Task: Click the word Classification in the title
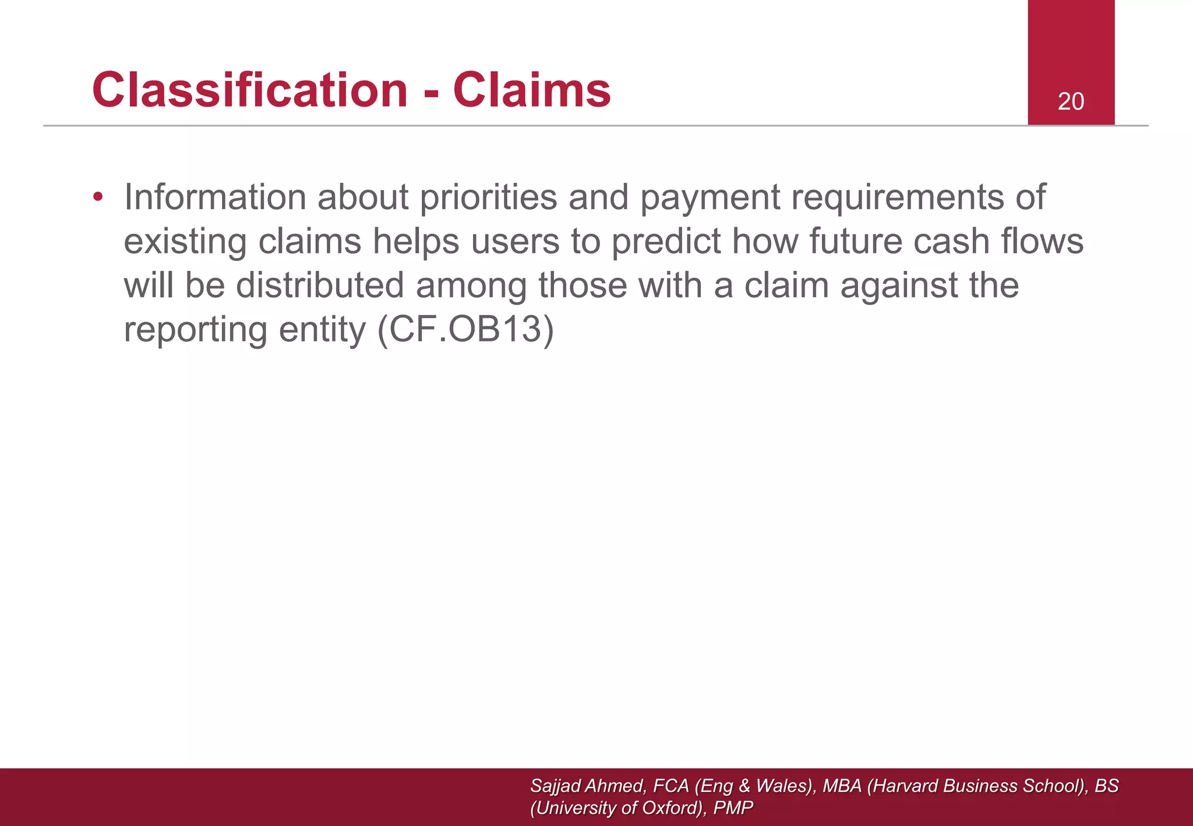pyautogui.click(x=250, y=90)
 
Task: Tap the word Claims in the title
pyautogui.click(x=532, y=90)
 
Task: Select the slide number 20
pyautogui.click(x=1071, y=101)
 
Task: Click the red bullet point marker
pyautogui.click(x=98, y=197)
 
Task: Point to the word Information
pyautogui.click(x=215, y=197)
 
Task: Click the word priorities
pyautogui.click(x=488, y=197)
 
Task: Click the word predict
pyautogui.click(x=666, y=241)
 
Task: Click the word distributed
pyautogui.click(x=320, y=285)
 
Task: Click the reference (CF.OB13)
pyautogui.click(x=465, y=330)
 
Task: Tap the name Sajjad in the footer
pyautogui.click(x=556, y=786)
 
